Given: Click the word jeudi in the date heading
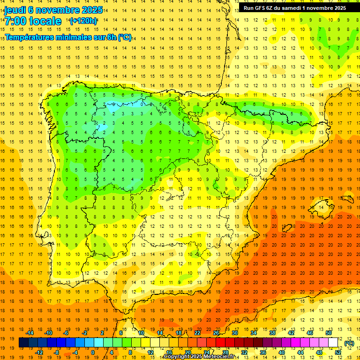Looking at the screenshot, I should tap(15, 9).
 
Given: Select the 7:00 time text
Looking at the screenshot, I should tap(15, 21).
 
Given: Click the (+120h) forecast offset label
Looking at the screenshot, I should tap(83, 21).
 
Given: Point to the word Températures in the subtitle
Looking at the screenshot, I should tap(31, 37).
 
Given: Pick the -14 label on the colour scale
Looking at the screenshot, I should tap(30, 333).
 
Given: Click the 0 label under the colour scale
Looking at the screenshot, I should tap(93, 352).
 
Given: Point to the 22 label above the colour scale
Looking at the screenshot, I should tap(197, 333).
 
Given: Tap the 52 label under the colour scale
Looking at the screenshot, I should tap(338, 352).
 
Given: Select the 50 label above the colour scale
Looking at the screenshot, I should tap(329, 333).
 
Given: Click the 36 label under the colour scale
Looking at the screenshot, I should tap(262, 352).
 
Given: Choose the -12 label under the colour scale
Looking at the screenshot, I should tap(39, 352).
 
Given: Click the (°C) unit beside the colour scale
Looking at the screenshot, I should tap(349, 343).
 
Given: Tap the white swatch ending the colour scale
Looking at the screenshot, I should tap(333, 343).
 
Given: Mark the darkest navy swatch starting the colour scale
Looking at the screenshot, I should tap(23, 343).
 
